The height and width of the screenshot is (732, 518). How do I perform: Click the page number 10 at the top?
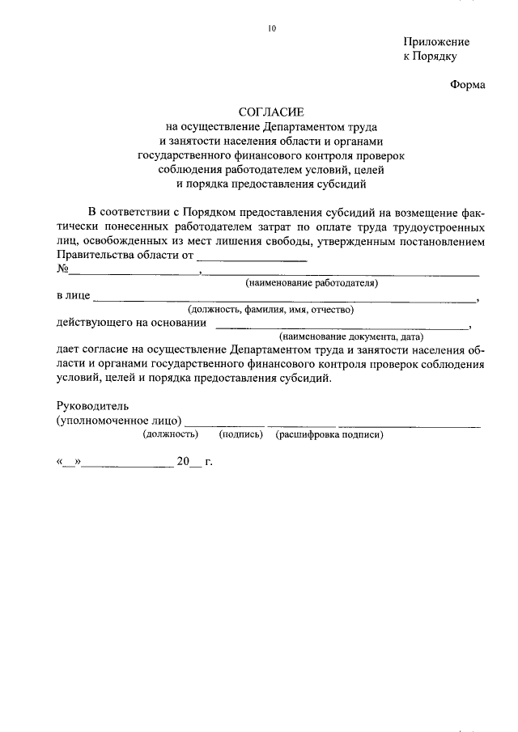(x=272, y=28)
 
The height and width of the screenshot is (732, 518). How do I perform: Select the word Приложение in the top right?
(x=436, y=41)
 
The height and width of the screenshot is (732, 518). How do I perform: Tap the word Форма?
(x=468, y=86)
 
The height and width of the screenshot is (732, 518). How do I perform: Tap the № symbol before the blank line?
(x=62, y=270)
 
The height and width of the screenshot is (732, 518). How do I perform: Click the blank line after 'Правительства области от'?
(x=253, y=260)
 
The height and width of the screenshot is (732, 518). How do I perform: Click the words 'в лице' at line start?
(x=73, y=296)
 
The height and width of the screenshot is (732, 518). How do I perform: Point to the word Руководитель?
(x=93, y=406)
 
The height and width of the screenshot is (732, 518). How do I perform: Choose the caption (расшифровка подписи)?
(x=329, y=434)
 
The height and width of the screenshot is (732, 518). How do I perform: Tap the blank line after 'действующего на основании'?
(x=343, y=326)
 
